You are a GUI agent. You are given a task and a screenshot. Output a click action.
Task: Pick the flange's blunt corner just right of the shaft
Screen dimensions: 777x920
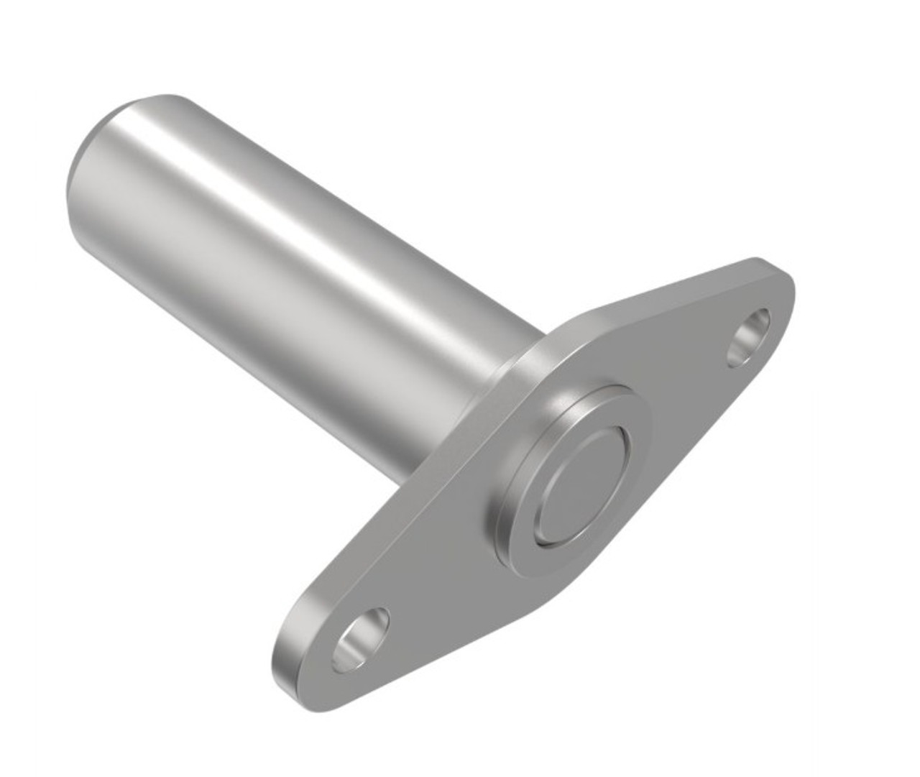[575, 320]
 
